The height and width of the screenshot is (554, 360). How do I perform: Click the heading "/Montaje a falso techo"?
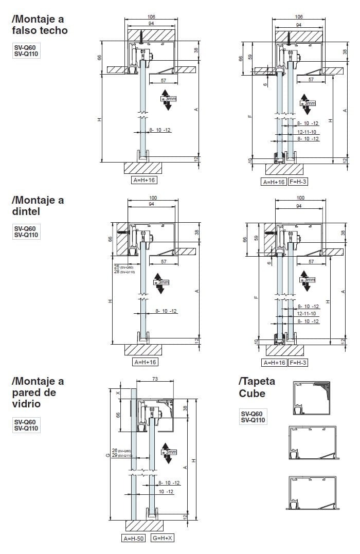(x=39, y=25)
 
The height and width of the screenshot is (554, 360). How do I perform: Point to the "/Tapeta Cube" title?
(x=257, y=387)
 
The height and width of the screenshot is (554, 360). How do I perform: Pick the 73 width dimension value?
(x=155, y=379)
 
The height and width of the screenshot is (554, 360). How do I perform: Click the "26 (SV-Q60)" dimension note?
(x=122, y=451)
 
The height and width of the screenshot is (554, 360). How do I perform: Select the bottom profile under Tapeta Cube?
(x=312, y=492)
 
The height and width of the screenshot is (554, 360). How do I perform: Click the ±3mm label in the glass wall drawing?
(x=169, y=452)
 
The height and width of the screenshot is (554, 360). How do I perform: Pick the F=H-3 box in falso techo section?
(x=298, y=182)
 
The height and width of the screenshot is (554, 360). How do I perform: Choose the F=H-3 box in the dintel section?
(x=298, y=363)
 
